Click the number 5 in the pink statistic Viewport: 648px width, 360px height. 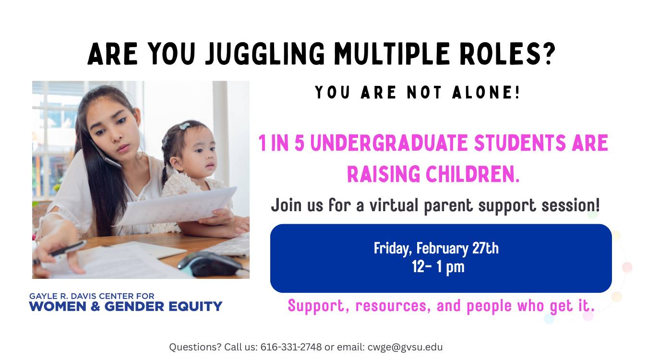pos(300,144)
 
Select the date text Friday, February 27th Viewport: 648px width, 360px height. pos(436,248)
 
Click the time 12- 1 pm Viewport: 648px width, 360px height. pos(438,266)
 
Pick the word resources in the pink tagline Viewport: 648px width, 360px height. pos(392,306)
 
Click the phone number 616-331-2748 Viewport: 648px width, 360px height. pos(291,347)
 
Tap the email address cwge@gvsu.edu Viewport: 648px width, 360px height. pos(405,347)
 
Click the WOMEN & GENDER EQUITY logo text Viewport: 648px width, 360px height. pos(126,306)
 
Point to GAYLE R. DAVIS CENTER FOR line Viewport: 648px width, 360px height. pos(92,296)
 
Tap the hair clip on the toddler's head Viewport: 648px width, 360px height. pos(184,127)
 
